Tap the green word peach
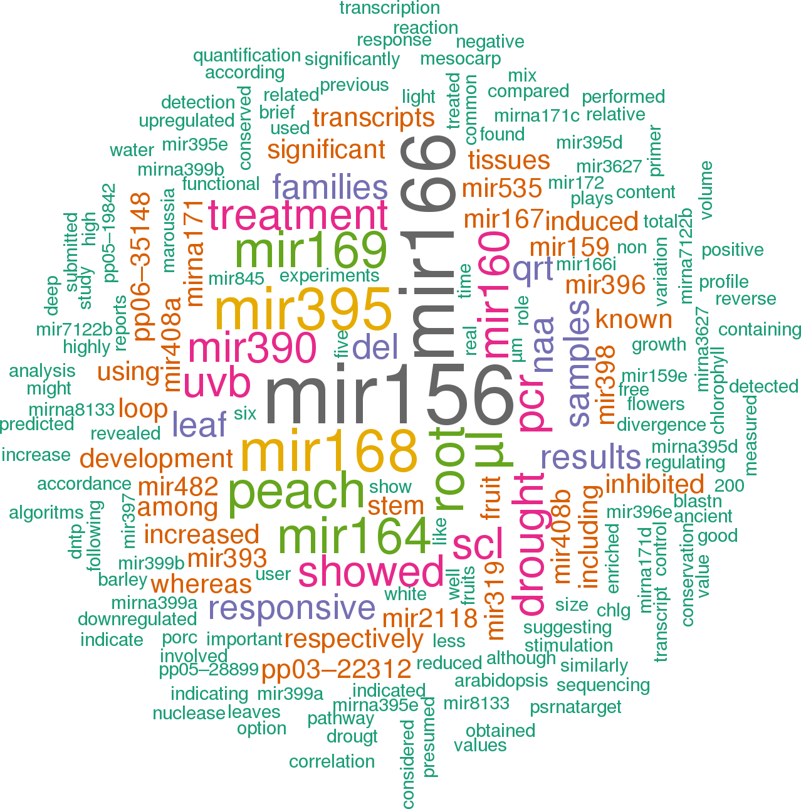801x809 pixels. (296, 493)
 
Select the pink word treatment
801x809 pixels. (298, 216)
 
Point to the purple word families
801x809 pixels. (330, 188)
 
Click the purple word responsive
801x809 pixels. (292, 608)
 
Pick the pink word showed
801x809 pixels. (371, 572)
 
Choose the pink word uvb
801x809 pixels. (217, 384)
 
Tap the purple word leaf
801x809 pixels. (199, 425)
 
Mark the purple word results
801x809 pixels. (590, 458)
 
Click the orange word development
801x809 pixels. (156, 459)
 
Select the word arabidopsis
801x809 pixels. (501, 681)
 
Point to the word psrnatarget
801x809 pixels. (575, 707)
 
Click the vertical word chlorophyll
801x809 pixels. (718, 389)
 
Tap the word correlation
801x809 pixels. (332, 761)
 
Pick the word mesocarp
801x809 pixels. (461, 59)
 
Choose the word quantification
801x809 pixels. (247, 56)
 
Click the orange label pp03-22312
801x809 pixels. (337, 670)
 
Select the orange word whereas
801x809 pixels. (201, 584)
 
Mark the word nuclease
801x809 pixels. (189, 713)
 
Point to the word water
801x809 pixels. (132, 151)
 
